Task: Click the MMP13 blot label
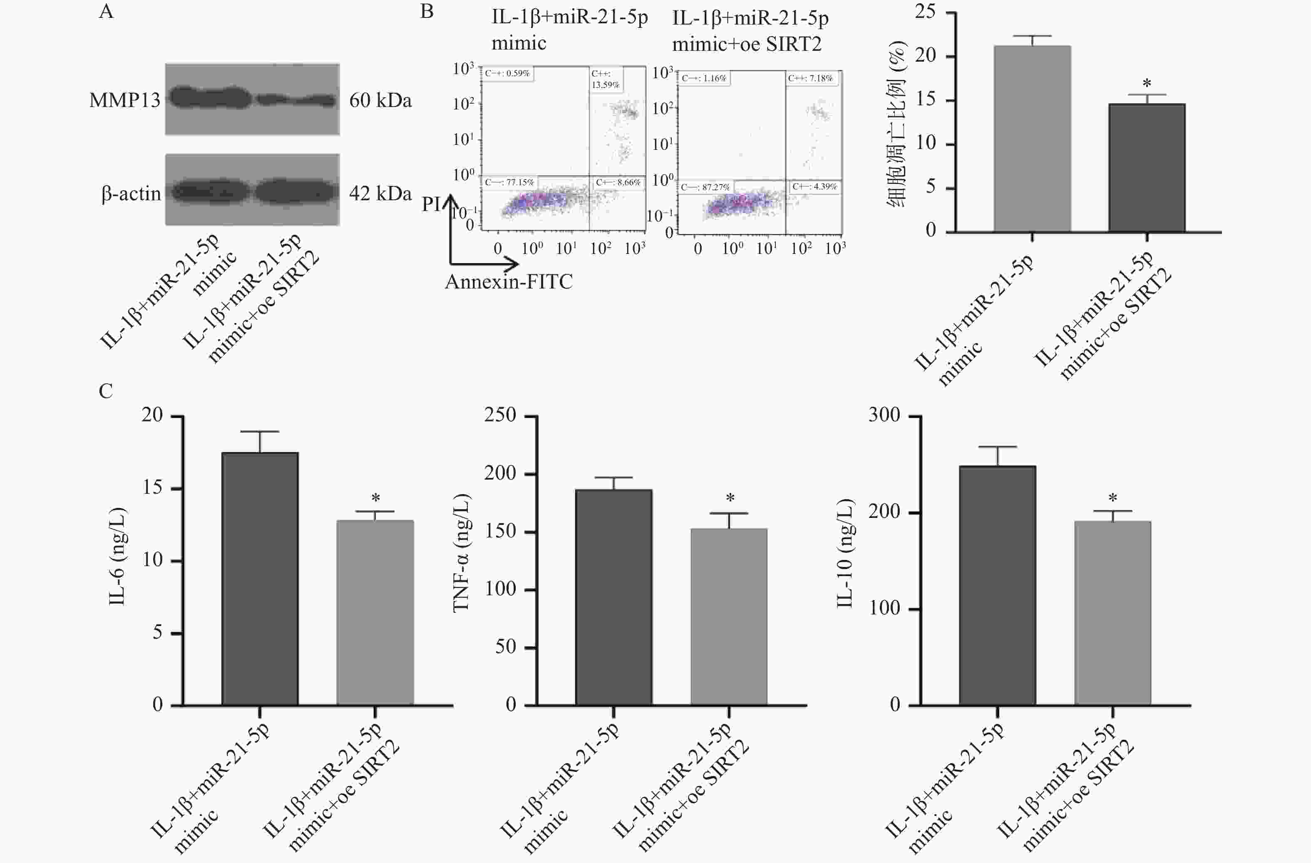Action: coord(124,100)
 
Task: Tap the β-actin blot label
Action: coord(131,194)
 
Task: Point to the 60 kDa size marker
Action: coord(380,100)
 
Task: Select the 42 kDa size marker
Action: coord(380,194)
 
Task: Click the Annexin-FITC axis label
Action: coord(509,281)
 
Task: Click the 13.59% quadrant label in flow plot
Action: coord(606,80)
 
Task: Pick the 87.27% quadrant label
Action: coord(705,187)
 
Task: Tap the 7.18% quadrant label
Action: coord(810,78)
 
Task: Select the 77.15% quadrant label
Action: coord(509,182)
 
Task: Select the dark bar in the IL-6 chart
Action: coord(260,579)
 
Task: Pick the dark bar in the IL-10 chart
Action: coord(997,585)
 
